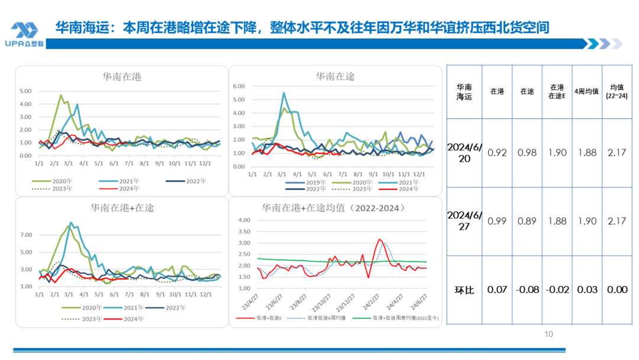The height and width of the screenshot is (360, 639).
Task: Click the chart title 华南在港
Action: tap(122, 77)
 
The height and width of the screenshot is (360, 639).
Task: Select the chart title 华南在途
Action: tap(335, 77)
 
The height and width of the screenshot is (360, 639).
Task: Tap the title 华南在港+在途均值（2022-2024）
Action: tap(335, 208)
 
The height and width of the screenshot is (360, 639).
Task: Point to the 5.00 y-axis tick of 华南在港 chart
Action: tap(25, 91)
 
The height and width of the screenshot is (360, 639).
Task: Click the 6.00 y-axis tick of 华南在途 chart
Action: tap(239, 86)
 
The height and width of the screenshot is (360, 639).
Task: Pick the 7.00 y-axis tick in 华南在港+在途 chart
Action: tap(25, 235)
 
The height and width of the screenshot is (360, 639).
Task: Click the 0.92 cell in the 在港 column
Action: tap(497, 153)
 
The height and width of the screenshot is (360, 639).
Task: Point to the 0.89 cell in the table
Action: tap(527, 221)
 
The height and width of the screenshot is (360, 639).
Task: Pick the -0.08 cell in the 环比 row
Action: tap(527, 290)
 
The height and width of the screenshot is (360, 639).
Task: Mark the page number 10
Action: tap(548, 335)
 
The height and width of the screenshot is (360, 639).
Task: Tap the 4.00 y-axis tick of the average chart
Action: tap(244, 220)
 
